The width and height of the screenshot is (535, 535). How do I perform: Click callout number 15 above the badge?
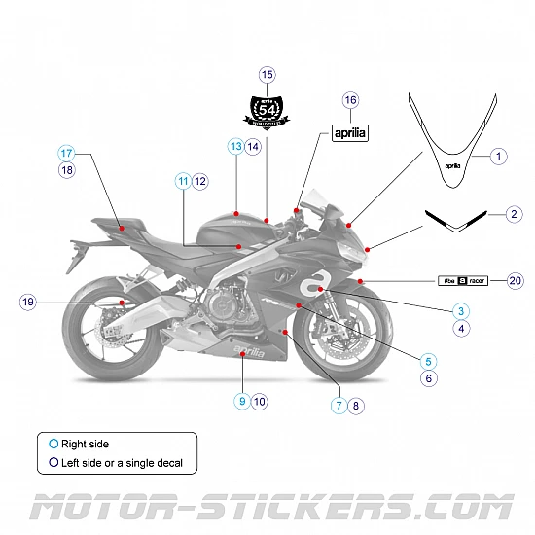(x=267, y=75)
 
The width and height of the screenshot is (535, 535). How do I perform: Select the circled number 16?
(x=351, y=100)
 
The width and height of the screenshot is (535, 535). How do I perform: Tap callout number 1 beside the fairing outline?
(x=497, y=156)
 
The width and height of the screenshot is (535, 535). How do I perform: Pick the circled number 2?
(x=513, y=214)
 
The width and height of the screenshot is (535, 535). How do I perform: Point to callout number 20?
(x=516, y=280)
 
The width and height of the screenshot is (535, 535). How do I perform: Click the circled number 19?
(x=27, y=303)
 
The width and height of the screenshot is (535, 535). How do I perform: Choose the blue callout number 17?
(x=66, y=153)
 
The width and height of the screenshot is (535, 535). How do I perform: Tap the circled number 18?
(x=66, y=170)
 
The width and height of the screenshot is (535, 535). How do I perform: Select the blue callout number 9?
(x=241, y=400)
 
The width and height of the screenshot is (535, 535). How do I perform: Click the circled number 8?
(x=356, y=406)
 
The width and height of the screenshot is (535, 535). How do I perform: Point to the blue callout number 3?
(x=461, y=311)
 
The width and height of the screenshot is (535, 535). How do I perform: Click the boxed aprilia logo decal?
(x=350, y=133)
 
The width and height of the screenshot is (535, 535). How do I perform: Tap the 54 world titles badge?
(x=267, y=108)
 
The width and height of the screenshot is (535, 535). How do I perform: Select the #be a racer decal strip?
(x=462, y=280)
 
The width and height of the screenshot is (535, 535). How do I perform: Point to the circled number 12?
(x=200, y=180)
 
